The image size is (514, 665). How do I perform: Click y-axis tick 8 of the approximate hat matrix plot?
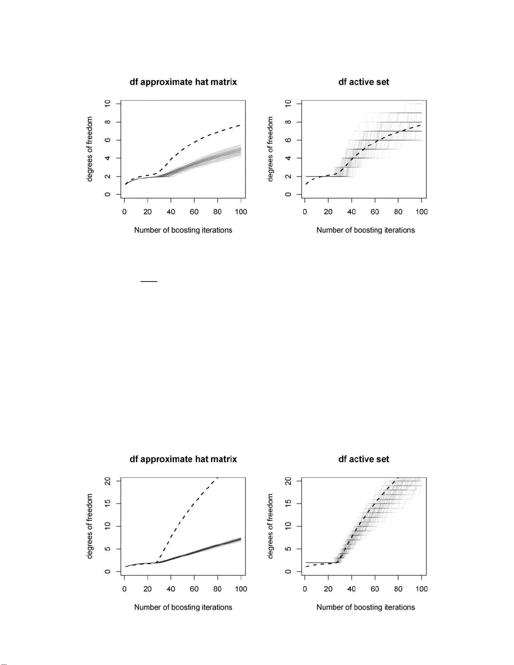pyautogui.click(x=108, y=122)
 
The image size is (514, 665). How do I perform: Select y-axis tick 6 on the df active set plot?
pyautogui.click(x=288, y=140)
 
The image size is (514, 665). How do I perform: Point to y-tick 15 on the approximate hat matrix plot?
pyautogui.click(x=108, y=503)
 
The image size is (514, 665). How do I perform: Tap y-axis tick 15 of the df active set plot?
pyautogui.click(x=288, y=503)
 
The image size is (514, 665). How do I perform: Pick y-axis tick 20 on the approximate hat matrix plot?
pyautogui.click(x=108, y=481)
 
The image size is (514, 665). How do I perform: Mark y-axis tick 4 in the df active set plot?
pyautogui.click(x=288, y=158)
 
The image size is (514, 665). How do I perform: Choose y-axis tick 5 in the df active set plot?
pyautogui.click(x=288, y=549)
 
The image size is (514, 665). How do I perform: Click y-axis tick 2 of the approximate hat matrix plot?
pyautogui.click(x=108, y=176)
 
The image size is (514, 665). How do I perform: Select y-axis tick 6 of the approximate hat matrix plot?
pyautogui.click(x=108, y=140)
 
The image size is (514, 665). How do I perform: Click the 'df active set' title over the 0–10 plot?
pyautogui.click(x=364, y=82)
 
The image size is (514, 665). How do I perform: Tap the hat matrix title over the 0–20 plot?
pyautogui.click(x=183, y=459)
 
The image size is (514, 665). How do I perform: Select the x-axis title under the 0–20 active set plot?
pyautogui.click(x=365, y=607)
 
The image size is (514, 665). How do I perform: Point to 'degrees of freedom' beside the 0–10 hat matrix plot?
pyautogui.click(x=90, y=149)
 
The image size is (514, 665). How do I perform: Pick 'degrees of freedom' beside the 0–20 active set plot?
pyautogui.click(x=270, y=526)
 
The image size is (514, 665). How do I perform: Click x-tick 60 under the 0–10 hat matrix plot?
pyautogui.click(x=194, y=212)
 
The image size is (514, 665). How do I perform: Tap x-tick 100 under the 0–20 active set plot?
pyautogui.click(x=422, y=589)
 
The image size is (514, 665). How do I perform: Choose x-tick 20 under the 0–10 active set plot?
pyautogui.click(x=328, y=212)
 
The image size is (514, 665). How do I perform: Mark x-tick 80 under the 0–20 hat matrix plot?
pyautogui.click(x=217, y=589)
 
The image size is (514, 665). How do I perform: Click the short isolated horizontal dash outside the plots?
pyautogui.click(x=149, y=281)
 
